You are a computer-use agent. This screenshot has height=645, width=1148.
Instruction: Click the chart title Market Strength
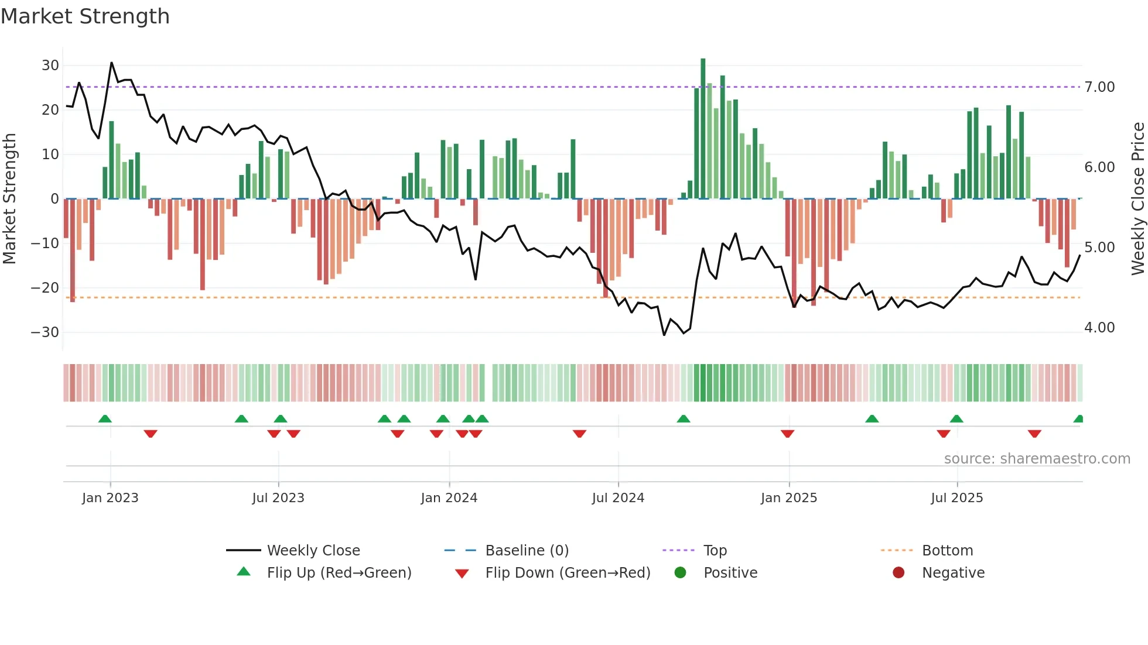(x=85, y=16)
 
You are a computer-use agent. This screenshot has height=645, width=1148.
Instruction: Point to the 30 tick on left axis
(x=50, y=66)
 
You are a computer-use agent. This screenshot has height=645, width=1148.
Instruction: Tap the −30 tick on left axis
(x=46, y=332)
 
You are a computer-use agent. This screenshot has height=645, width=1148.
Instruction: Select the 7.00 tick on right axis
(x=1099, y=87)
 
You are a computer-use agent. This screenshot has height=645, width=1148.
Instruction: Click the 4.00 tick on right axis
(x=1099, y=328)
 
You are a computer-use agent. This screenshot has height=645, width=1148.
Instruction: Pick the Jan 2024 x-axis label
(x=449, y=498)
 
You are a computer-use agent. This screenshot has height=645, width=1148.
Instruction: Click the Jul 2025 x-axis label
(x=956, y=498)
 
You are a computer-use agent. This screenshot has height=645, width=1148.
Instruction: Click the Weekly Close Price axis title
(x=1137, y=199)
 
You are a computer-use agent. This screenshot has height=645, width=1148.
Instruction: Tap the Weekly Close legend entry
(x=313, y=551)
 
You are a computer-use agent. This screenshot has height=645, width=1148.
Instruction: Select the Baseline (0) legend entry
(x=527, y=551)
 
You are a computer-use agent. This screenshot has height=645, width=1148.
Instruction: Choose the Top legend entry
(x=715, y=551)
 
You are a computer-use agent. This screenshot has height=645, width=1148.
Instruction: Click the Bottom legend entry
(x=947, y=551)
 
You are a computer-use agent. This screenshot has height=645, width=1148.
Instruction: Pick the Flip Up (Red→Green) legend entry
(x=339, y=573)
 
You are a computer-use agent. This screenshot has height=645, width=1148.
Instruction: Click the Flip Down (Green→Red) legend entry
(x=568, y=573)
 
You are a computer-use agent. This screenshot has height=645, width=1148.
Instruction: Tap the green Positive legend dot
(x=680, y=572)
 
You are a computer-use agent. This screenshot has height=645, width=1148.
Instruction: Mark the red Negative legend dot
(x=898, y=572)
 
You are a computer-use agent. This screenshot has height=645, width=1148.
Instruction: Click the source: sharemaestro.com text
(x=1037, y=459)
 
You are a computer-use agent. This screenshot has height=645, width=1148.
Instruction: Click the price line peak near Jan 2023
(x=111, y=63)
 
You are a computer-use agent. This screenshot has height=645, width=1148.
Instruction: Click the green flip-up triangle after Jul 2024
(x=684, y=418)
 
